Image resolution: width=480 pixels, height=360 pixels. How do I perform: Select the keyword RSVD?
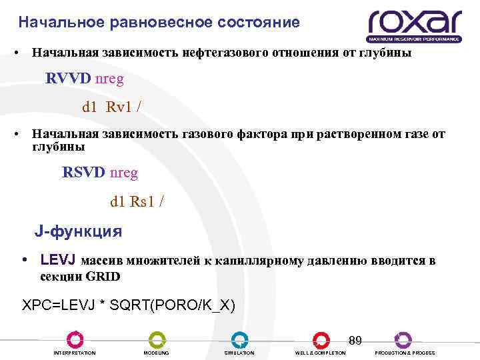[84, 173]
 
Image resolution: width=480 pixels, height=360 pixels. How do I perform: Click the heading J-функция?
[78, 232]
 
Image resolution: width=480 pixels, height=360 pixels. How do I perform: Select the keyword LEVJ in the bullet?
[58, 261]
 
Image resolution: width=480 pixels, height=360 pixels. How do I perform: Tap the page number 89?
[355, 341]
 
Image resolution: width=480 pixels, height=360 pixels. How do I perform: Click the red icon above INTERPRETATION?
[75, 339]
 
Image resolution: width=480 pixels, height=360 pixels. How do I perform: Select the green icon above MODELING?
[157, 339]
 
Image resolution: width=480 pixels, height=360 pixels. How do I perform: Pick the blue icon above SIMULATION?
[239, 339]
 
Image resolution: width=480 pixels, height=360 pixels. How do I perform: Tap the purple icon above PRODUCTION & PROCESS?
[403, 339]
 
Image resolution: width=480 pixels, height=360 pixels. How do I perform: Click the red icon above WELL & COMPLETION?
[321, 339]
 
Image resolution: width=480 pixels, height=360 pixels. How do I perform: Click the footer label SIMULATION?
[239, 353]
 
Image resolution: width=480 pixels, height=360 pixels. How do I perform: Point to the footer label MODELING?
[157, 353]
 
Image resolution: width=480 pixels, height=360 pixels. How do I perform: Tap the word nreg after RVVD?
[110, 79]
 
